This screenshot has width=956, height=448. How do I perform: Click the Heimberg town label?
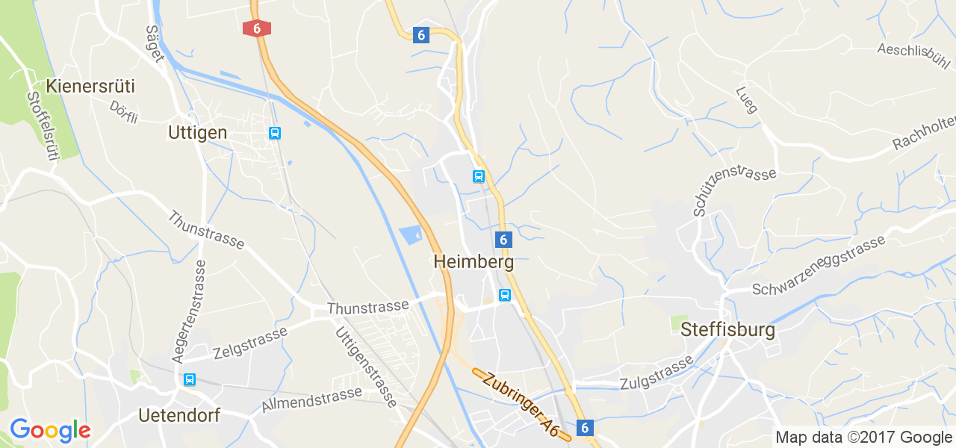coord(473,263)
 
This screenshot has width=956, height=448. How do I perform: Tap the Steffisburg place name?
coord(727,329)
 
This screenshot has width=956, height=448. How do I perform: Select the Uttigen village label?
coord(197,132)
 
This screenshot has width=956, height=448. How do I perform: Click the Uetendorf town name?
coord(179,415)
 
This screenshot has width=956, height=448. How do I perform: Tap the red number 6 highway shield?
coord(257,28)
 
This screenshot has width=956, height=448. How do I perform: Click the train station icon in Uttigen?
coord(275,133)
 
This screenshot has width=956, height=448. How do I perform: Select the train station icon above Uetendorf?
coord(190,379)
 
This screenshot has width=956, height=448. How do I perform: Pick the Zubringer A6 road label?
coord(521,404)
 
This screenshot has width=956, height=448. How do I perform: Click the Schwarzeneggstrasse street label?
coord(819,266)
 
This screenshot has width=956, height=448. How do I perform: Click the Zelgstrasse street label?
coord(249,343)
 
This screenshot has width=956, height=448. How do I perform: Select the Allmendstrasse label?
coord(311,399)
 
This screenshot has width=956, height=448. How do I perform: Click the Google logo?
coord(50,430)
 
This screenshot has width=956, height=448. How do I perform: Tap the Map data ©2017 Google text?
coord(863,438)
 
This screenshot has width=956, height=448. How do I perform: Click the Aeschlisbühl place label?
coord(912,52)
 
